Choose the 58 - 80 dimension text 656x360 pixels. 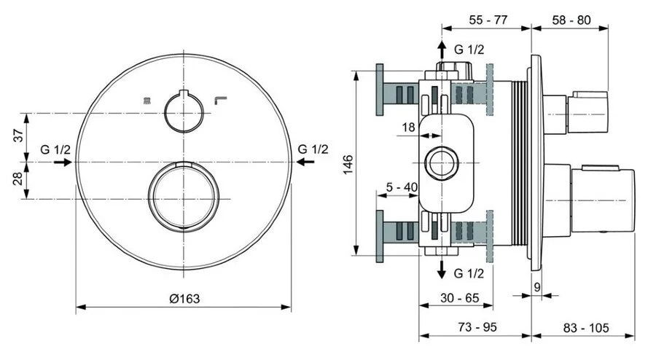(571, 20)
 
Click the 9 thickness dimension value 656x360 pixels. (537, 287)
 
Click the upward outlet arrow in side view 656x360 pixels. (442, 50)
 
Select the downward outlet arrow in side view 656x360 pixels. (442, 271)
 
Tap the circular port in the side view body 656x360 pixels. (442, 162)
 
